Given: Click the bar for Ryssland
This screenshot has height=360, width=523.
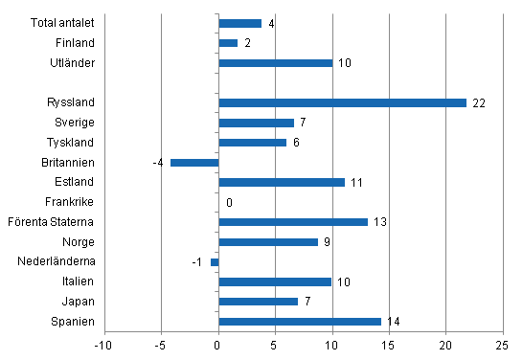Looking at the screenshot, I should (x=342, y=102).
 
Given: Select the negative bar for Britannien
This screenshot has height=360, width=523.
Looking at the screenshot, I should (x=194, y=163).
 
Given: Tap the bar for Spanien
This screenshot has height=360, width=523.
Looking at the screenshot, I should (x=300, y=322).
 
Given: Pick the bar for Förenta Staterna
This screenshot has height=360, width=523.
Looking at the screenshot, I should (x=293, y=222).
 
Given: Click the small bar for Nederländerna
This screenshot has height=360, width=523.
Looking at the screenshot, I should (x=215, y=262).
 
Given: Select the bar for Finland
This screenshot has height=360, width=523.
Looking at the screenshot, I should (x=228, y=43).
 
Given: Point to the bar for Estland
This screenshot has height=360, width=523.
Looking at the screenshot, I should (x=282, y=182).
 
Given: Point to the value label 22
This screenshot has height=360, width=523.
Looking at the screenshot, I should (x=479, y=103).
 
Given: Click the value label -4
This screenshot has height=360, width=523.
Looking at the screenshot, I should (x=157, y=163).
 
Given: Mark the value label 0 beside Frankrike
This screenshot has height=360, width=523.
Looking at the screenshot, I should (x=229, y=203).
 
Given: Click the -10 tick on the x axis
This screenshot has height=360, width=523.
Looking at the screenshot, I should (x=104, y=345).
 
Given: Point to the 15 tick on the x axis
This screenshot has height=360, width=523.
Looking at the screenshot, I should (x=389, y=345).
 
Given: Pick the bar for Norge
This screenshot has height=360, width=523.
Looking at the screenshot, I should (x=268, y=242).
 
